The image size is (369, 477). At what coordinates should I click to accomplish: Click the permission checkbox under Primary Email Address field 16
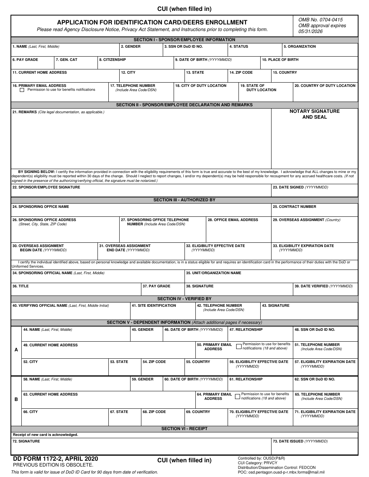point(22,90)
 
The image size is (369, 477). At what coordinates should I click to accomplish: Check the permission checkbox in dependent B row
point(237,396)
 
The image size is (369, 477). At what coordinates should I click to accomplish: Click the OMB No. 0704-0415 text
point(320,20)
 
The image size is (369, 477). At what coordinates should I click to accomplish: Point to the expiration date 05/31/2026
point(311,31)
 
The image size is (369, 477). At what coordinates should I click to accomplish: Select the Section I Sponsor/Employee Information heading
point(184,40)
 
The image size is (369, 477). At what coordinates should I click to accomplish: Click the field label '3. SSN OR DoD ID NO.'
point(183,47)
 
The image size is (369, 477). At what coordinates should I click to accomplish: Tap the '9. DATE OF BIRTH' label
point(203,60)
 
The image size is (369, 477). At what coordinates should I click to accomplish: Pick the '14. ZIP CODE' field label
point(241,73)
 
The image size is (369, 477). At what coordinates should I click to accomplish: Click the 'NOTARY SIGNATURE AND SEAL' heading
point(315,114)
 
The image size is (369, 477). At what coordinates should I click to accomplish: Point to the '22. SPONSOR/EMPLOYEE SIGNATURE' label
point(46,187)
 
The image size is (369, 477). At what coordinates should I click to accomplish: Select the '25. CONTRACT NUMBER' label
point(294,207)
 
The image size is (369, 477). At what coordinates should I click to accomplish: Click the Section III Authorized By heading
point(184,200)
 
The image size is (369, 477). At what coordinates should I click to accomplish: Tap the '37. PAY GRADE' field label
point(157,286)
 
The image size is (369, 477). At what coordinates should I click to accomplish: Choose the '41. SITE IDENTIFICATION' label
point(154,306)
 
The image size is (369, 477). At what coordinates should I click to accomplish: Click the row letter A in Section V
point(16,350)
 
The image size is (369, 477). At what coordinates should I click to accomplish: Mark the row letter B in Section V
point(16,399)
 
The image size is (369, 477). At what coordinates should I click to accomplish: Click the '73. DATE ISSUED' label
point(300,441)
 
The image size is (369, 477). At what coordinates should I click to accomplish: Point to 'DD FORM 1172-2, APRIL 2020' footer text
point(56,459)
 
